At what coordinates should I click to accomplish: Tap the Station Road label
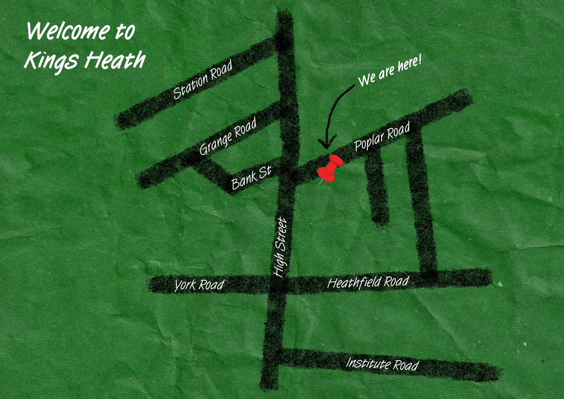pos(203,80)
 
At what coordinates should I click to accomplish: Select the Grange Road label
pos(228,136)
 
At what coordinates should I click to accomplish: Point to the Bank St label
pos(251,178)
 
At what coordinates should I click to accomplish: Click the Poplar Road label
pos(382,136)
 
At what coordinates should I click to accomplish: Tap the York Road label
pos(199,285)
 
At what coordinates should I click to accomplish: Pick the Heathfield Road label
pos(368,282)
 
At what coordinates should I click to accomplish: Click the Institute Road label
pos(382,364)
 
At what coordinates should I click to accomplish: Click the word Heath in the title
pos(115,60)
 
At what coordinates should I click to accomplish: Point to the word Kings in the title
pos(52,61)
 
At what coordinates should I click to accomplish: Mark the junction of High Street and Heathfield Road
pos(277,284)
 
